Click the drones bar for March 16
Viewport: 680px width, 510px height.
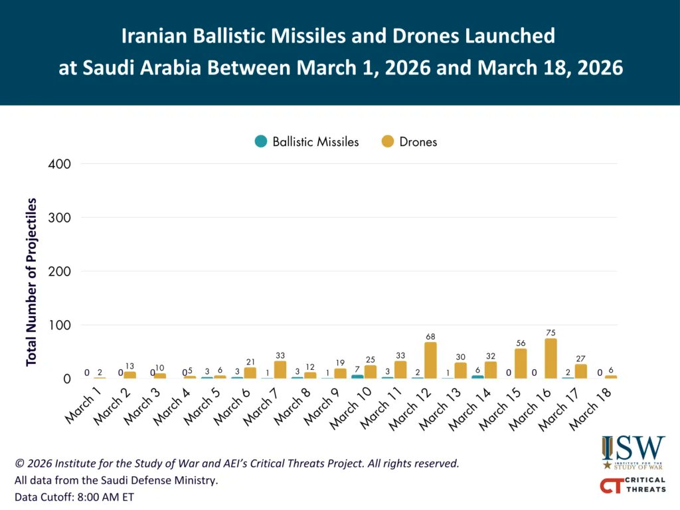(x=551, y=359)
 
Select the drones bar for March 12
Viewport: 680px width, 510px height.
(x=430, y=361)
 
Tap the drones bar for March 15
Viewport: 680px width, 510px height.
(x=521, y=364)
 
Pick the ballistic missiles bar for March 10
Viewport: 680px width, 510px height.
(x=357, y=377)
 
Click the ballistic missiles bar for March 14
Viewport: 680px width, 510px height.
(x=477, y=377)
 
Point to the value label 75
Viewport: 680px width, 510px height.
(x=551, y=333)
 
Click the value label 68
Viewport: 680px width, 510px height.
(x=430, y=337)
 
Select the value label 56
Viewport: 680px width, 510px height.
(x=521, y=343)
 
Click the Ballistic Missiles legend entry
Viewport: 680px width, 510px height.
(x=307, y=141)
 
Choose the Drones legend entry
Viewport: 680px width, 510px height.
(x=410, y=141)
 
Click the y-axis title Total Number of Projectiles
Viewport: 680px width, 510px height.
(x=31, y=282)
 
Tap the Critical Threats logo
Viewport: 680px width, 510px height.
(x=632, y=485)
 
